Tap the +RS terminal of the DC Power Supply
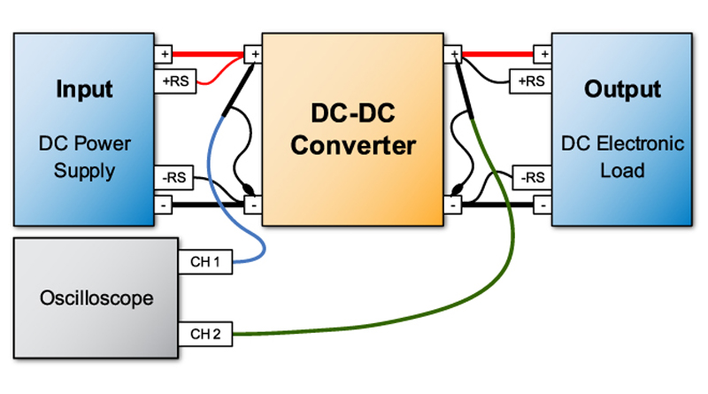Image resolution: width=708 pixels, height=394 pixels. [x=173, y=81]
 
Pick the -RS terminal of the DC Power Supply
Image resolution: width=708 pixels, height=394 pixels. [x=173, y=177]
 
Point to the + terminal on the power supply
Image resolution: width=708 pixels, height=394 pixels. [x=164, y=54]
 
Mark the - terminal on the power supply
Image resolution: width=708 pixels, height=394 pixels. [x=164, y=205]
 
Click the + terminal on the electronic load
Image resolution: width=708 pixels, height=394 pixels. [x=543, y=54]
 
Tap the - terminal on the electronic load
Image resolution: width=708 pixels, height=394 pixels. [x=543, y=205]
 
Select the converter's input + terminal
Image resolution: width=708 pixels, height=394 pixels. [x=255, y=54]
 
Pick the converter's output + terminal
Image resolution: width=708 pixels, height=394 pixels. [x=453, y=54]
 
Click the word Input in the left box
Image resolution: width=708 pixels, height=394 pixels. [x=84, y=90]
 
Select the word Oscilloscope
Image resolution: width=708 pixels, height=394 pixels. [x=96, y=298]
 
